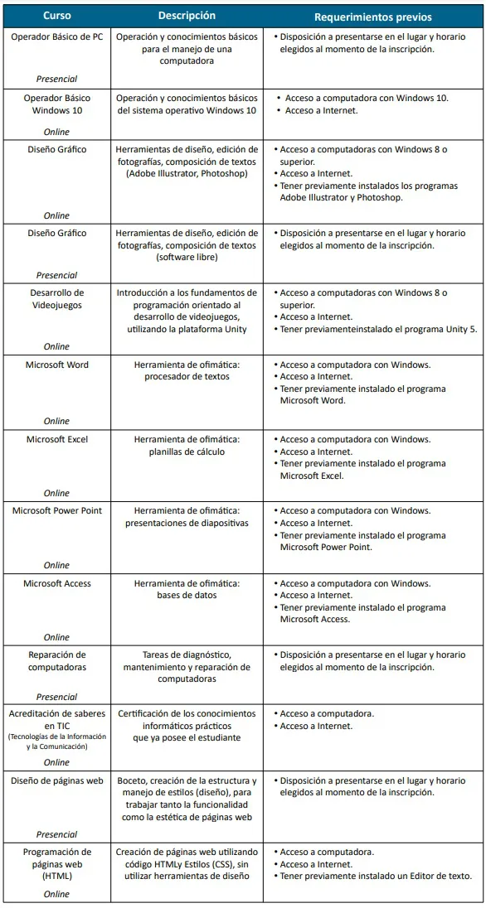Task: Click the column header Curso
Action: click(x=56, y=16)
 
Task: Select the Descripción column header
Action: click(x=187, y=16)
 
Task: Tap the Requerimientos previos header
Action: click(x=373, y=17)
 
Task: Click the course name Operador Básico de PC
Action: click(x=57, y=37)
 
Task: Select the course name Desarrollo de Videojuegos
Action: click(x=57, y=298)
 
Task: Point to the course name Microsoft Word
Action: click(x=57, y=365)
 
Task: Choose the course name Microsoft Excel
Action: click(x=57, y=439)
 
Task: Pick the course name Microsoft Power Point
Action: click(x=57, y=511)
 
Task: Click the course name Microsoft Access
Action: click(x=57, y=583)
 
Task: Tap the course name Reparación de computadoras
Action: click(x=57, y=661)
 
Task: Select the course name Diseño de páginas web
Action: click(x=57, y=780)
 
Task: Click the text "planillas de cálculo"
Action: click(x=187, y=452)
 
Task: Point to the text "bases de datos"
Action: click(x=187, y=596)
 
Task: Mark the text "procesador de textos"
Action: click(x=187, y=377)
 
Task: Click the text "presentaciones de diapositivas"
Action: click(x=187, y=524)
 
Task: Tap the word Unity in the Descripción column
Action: click(x=235, y=329)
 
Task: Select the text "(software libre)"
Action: click(x=187, y=258)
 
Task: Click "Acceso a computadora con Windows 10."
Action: click(x=367, y=98)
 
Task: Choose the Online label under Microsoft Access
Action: click(x=56, y=637)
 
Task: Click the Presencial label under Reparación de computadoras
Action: click(x=56, y=697)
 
